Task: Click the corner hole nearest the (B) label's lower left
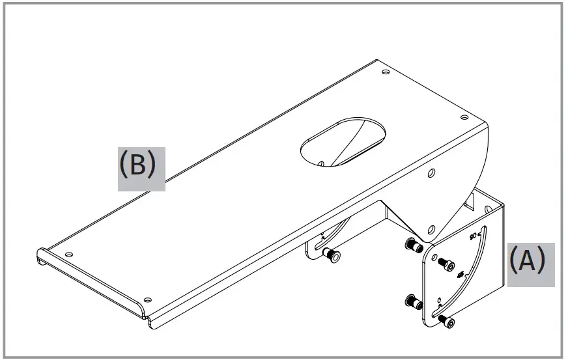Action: tap(69, 253)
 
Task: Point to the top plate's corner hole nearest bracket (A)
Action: tap(464, 118)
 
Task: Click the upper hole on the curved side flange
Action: tap(431, 174)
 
